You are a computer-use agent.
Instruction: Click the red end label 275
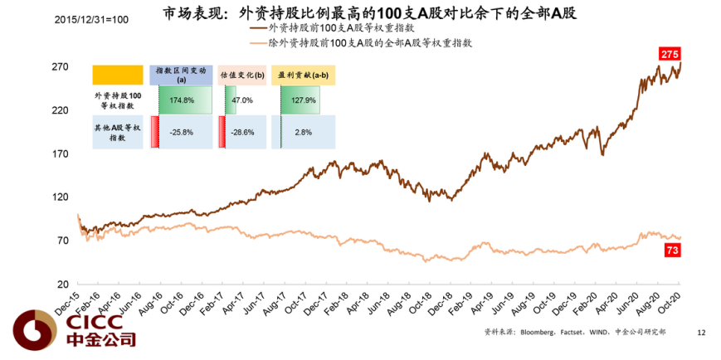point(670,55)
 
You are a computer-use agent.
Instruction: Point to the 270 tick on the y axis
point(61,67)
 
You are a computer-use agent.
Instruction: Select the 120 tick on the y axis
point(61,197)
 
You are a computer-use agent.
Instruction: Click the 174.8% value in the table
point(182,100)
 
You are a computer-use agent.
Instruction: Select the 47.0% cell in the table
point(241,100)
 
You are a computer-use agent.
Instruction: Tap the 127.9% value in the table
point(304,100)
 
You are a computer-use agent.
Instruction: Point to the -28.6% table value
point(242,132)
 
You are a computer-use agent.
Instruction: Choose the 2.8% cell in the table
point(303,132)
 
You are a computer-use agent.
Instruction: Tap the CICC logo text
point(87,320)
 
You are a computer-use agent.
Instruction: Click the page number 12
point(701,333)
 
